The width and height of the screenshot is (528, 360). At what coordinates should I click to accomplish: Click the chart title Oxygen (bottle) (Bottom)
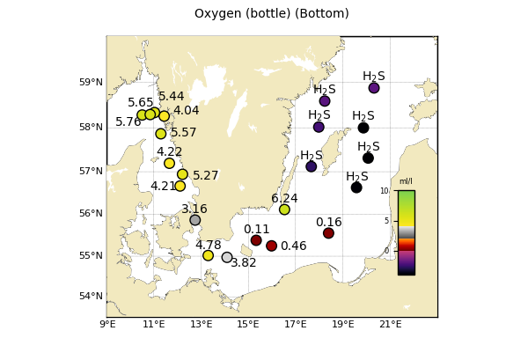(271, 14)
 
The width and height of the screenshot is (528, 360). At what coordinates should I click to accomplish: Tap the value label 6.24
(284, 199)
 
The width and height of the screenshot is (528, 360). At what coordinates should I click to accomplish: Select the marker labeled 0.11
(256, 240)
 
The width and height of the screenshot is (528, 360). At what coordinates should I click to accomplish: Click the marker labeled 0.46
(272, 246)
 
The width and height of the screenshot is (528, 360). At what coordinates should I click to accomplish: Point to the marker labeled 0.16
(328, 233)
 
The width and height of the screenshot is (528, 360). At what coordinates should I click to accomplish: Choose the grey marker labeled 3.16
(195, 220)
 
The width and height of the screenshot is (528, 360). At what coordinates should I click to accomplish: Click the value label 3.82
(244, 262)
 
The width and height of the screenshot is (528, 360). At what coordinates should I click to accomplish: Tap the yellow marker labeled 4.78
(209, 255)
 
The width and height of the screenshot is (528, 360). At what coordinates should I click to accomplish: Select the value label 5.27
(206, 176)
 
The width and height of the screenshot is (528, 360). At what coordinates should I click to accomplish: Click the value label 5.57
(184, 133)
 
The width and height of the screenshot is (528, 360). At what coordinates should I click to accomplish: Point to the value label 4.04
(186, 111)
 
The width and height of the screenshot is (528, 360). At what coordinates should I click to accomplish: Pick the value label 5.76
(128, 122)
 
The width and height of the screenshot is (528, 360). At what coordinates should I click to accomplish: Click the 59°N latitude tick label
(92, 83)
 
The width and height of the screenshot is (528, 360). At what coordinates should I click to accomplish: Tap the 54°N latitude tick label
(92, 296)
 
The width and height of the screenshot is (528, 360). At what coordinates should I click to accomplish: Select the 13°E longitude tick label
(202, 324)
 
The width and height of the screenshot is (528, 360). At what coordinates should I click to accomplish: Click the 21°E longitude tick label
(391, 324)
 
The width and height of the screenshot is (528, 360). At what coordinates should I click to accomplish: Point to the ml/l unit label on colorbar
(406, 182)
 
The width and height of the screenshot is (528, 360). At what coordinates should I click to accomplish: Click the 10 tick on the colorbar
(385, 191)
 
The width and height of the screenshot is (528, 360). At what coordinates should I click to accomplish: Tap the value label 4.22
(170, 152)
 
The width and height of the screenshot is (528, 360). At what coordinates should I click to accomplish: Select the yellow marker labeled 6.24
(284, 209)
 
